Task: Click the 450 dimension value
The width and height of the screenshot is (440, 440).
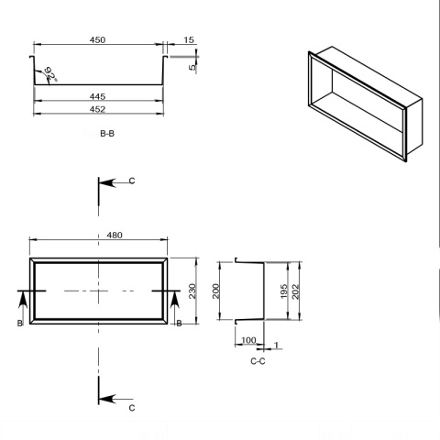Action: pyautogui.click(x=97, y=39)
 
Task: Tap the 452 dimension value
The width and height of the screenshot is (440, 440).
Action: pyautogui.click(x=97, y=108)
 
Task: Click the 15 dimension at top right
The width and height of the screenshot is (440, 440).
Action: pyautogui.click(x=188, y=39)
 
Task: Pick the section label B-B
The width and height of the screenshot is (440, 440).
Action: pyautogui.click(x=106, y=133)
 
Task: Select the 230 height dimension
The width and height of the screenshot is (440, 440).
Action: pyautogui.click(x=193, y=291)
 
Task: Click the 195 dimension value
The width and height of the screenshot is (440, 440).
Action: pyautogui.click(x=284, y=291)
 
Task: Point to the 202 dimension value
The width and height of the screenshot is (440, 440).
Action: pyautogui.click(x=296, y=291)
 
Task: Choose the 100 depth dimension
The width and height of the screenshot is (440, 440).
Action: pyautogui.click(x=247, y=340)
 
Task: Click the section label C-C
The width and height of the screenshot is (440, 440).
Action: pyautogui.click(x=258, y=361)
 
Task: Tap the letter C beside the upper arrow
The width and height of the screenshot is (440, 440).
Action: pyautogui.click(x=132, y=182)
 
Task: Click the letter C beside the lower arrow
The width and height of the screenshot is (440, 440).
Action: pyautogui.click(x=132, y=407)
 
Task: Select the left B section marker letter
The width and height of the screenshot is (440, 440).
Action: pyautogui.click(x=19, y=323)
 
